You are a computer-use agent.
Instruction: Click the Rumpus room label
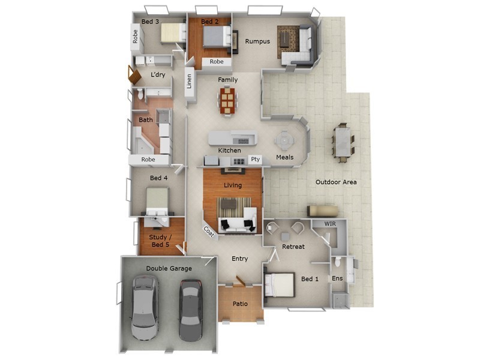click(x=257, y=41)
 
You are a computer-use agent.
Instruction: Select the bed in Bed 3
click(x=173, y=33)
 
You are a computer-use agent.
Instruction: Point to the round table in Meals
click(x=284, y=141)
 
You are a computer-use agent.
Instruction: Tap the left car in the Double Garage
click(x=144, y=306)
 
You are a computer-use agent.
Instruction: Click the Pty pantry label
click(x=254, y=160)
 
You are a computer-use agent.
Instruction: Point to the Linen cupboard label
click(x=190, y=81)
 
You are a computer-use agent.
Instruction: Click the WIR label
click(x=330, y=223)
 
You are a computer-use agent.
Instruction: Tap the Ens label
click(x=337, y=278)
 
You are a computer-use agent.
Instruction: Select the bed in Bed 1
click(x=280, y=284)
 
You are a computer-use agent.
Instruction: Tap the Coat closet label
click(x=209, y=230)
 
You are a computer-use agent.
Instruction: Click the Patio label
click(x=240, y=304)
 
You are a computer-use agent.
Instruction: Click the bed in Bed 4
click(x=157, y=202)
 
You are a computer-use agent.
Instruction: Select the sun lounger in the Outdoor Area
click(x=323, y=210)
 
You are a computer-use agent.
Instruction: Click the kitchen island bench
click(x=232, y=138)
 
